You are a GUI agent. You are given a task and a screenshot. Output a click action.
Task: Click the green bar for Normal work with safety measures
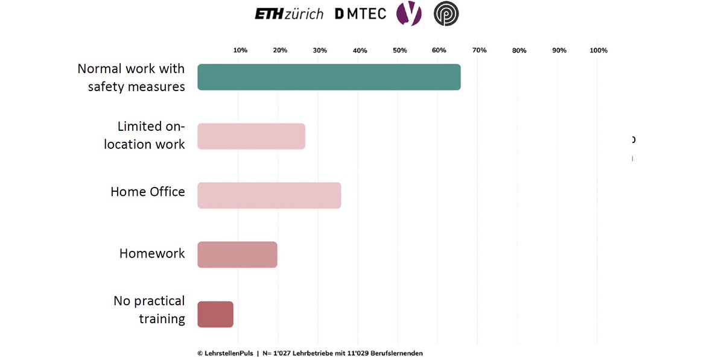(x=329, y=77)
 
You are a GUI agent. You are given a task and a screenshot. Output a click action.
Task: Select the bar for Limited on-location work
(x=251, y=136)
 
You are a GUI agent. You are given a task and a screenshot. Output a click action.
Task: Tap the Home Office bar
(x=269, y=195)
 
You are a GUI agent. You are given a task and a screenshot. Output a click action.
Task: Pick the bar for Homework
(x=237, y=254)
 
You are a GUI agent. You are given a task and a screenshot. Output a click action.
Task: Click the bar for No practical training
(x=215, y=314)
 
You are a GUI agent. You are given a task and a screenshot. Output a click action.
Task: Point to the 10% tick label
(x=240, y=51)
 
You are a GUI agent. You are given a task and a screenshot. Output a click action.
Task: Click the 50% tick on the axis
(x=399, y=51)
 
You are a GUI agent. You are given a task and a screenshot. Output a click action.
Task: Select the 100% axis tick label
(x=598, y=51)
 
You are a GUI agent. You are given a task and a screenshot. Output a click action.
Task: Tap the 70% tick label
(x=479, y=51)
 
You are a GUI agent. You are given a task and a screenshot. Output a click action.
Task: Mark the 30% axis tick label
(x=320, y=51)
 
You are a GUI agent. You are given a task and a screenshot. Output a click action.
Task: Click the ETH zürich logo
(x=289, y=14)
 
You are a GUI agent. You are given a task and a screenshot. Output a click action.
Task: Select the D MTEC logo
(x=360, y=14)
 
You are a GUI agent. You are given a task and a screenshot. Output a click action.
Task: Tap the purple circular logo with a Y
(x=408, y=14)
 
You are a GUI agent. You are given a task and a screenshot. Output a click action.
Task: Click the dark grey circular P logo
(x=446, y=14)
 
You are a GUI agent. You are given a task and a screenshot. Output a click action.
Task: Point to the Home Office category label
(x=147, y=192)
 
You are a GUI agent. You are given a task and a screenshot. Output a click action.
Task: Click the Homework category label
(x=152, y=253)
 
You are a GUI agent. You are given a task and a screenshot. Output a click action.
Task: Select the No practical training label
(x=149, y=309)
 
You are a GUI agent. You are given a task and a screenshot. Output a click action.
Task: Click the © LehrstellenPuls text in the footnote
(x=225, y=353)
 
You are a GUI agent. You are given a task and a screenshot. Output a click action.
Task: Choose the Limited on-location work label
(x=145, y=136)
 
